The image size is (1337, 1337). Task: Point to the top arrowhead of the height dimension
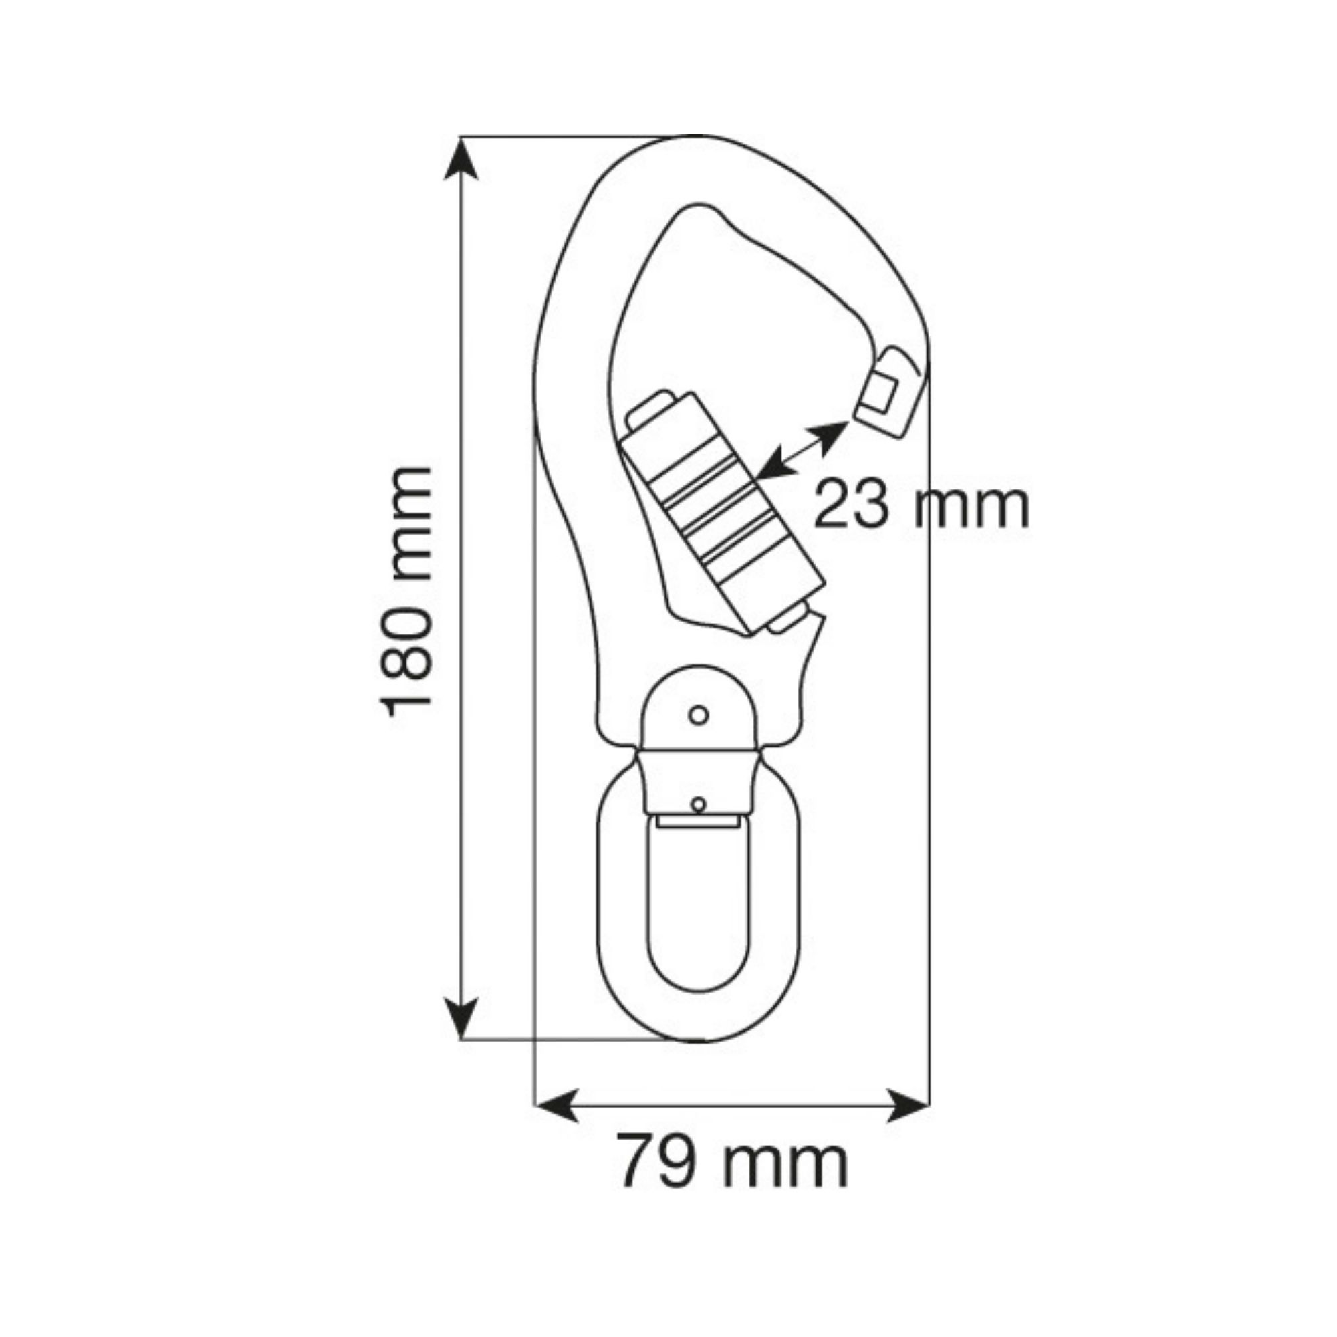click(460, 158)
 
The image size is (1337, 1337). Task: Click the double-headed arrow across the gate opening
click(803, 450)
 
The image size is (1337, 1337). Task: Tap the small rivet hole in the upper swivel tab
click(699, 714)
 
